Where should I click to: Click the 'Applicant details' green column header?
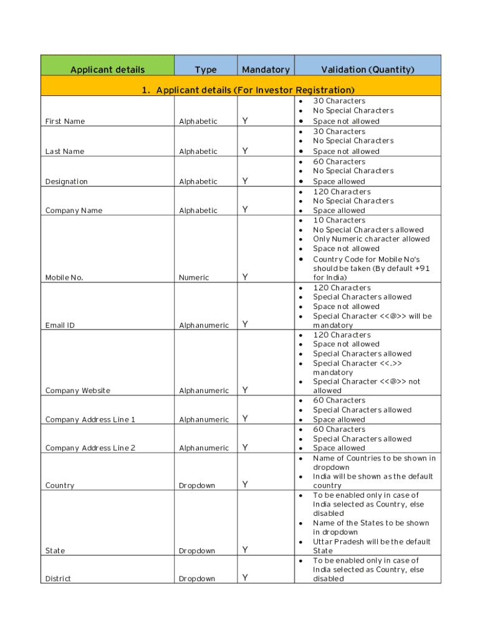click(x=107, y=70)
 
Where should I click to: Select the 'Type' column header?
click(x=205, y=70)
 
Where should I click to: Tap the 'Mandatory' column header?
click(x=266, y=70)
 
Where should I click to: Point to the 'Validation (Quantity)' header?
click(x=367, y=70)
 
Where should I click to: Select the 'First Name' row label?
click(x=65, y=121)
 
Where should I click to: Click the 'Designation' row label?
click(x=67, y=182)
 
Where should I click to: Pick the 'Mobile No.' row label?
click(x=64, y=278)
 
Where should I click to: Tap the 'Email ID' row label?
click(x=60, y=325)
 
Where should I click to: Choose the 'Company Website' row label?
click(x=77, y=391)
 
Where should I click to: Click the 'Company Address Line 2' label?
click(x=90, y=448)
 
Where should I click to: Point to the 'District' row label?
click(x=58, y=579)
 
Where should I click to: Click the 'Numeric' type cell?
click(x=194, y=278)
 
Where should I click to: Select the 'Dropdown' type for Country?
click(x=197, y=485)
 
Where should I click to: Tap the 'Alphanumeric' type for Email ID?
click(x=204, y=325)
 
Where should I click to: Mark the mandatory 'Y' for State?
click(x=245, y=550)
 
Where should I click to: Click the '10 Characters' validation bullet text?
click(x=339, y=221)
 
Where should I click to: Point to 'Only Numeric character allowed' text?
click(x=371, y=239)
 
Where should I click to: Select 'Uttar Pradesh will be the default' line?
click(x=372, y=542)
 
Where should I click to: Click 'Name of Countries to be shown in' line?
click(x=374, y=459)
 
